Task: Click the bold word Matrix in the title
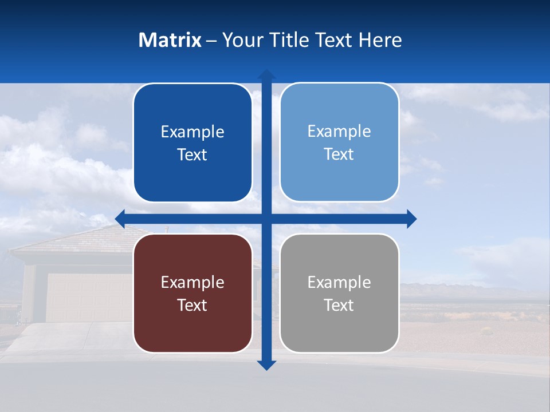pyautogui.click(x=170, y=40)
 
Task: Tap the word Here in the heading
pyautogui.click(x=380, y=40)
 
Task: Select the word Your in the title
pyautogui.click(x=242, y=40)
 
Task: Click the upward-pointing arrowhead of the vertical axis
pyautogui.click(x=266, y=74)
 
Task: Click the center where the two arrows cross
pyautogui.click(x=266, y=219)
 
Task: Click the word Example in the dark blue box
pyautogui.click(x=192, y=132)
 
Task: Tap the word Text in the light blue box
pyautogui.click(x=339, y=154)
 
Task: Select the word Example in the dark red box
pyautogui.click(x=192, y=283)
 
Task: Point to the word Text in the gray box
pyautogui.click(x=339, y=306)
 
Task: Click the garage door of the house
pyautogui.click(x=86, y=298)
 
